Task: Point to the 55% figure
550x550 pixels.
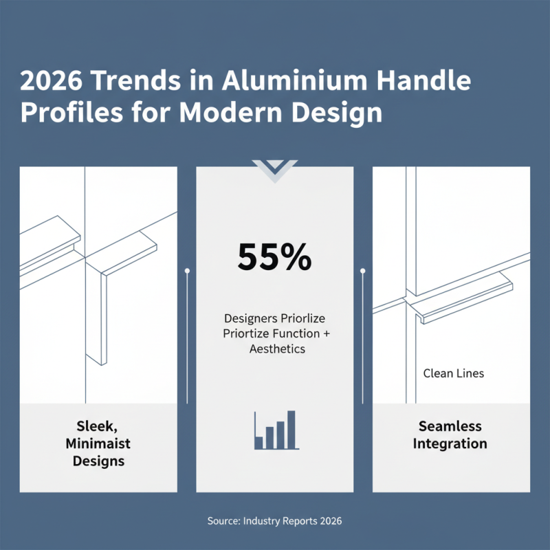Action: pyautogui.click(x=274, y=258)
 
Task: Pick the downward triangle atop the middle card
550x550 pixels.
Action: pyautogui.click(x=275, y=168)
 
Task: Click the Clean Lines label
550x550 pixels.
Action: pyautogui.click(x=454, y=374)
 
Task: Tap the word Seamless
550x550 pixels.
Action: pyautogui.click(x=451, y=426)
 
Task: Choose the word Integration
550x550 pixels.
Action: pyautogui.click(x=450, y=443)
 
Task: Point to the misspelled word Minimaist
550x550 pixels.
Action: pyautogui.click(x=98, y=443)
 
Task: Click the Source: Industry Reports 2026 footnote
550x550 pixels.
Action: pyautogui.click(x=274, y=521)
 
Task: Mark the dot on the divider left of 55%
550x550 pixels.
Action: pyautogui.click(x=187, y=271)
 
